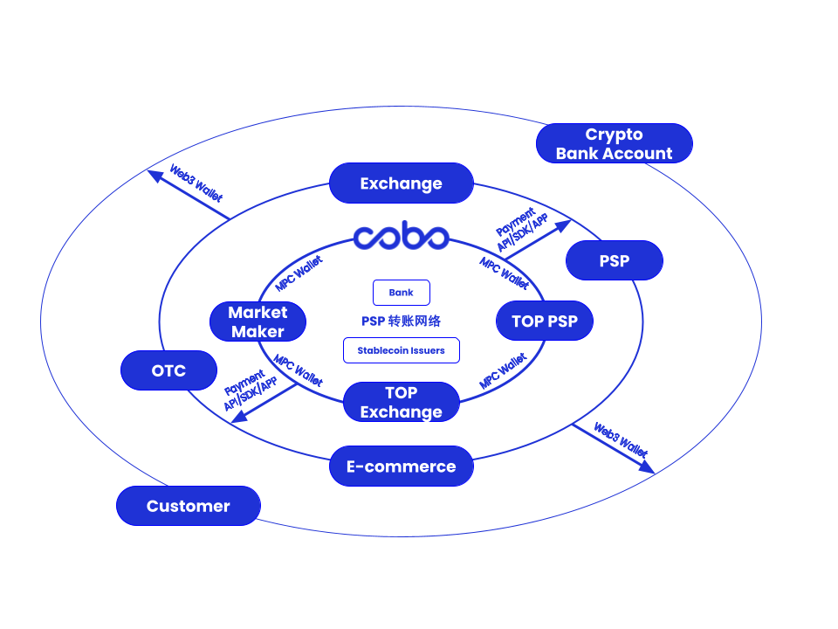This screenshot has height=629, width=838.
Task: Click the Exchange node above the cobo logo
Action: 401,183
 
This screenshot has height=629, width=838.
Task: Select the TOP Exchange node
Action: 401,402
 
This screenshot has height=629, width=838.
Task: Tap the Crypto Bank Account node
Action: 614,143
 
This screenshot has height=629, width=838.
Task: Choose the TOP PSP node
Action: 544,321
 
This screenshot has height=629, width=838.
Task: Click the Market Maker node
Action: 258,321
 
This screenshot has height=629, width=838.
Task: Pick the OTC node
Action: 168,370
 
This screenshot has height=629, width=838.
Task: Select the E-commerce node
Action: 401,467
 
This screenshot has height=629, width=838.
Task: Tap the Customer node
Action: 188,506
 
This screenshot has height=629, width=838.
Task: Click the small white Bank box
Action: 401,293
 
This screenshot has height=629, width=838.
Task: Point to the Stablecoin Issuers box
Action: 401,350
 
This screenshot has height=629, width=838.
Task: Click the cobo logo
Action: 401,236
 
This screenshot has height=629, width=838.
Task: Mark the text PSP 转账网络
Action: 401,321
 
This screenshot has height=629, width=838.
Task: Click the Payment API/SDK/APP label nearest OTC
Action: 250,390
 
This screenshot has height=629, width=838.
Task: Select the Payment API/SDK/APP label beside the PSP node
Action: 522,230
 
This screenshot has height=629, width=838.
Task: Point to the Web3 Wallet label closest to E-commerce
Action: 621,440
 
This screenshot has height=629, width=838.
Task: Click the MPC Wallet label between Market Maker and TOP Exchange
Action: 299,370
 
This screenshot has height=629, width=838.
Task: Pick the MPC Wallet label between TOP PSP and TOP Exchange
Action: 503,371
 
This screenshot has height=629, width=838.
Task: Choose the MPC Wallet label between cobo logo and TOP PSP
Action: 504,273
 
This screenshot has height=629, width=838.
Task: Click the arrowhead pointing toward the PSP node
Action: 563,225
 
